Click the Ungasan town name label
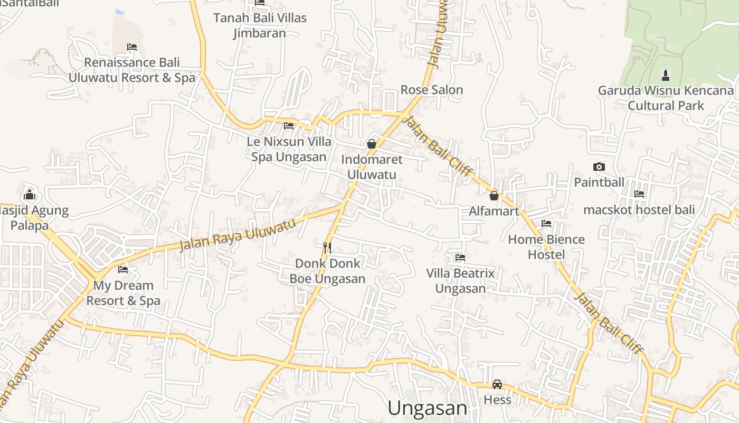pyautogui.click(x=427, y=408)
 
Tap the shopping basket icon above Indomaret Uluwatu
pyautogui.click(x=372, y=143)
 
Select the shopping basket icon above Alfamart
pyautogui.click(x=494, y=196)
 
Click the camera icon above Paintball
pyautogui.click(x=599, y=167)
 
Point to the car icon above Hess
pyautogui.click(x=497, y=384)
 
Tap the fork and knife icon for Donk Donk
pyautogui.click(x=327, y=247)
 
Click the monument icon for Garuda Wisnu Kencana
pyautogui.click(x=666, y=75)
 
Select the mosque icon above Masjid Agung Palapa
pyautogui.click(x=30, y=195)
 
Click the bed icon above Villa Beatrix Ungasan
pyautogui.click(x=460, y=258)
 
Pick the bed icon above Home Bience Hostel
pyautogui.click(x=546, y=224)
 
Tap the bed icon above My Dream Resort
pyautogui.click(x=123, y=269)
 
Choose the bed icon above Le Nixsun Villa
pyautogui.click(x=289, y=126)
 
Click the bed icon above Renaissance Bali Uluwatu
pyautogui.click(x=132, y=47)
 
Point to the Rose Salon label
pyautogui.click(x=432, y=90)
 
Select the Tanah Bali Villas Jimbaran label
pyautogui.click(x=260, y=25)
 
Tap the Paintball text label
pyautogui.click(x=599, y=182)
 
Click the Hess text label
pyautogui.click(x=497, y=400)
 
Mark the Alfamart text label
pyautogui.click(x=494, y=212)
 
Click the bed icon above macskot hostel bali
pyautogui.click(x=639, y=194)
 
